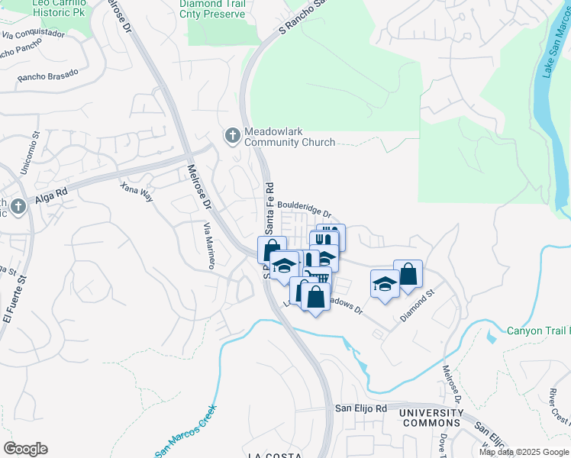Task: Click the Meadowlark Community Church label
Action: click(289, 137)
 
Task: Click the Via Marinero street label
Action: click(208, 246)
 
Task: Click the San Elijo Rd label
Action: click(362, 409)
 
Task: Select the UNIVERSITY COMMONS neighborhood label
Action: click(431, 418)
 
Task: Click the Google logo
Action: click(25, 449)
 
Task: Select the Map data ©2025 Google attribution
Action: click(523, 452)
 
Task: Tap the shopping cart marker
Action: click(315, 275)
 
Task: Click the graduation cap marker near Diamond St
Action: click(385, 284)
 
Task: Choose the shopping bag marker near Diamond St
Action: click(408, 274)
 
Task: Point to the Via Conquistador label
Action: click(34, 34)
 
